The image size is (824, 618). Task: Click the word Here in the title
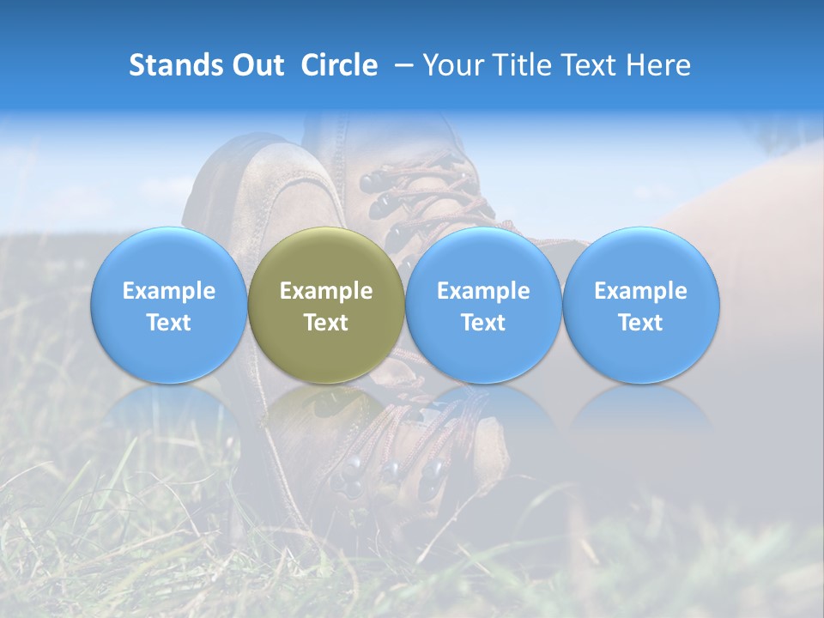659,65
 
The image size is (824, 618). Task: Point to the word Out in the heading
256,65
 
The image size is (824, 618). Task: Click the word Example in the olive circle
326,291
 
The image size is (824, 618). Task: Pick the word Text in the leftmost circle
168,323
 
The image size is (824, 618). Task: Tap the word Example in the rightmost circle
640,291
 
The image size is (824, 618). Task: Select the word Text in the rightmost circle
640,323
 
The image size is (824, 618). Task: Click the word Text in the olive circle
326,323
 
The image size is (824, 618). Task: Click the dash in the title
400,66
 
